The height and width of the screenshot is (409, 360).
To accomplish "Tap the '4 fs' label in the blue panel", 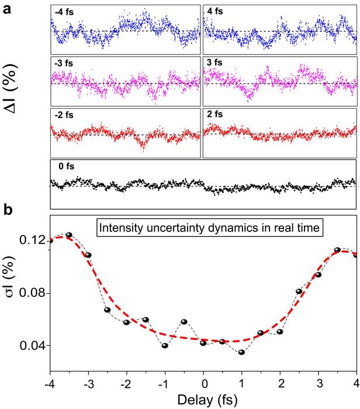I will click(216, 12).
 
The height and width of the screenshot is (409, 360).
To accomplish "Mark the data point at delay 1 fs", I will click(241, 352).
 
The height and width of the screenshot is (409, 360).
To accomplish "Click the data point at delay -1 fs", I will click(165, 345).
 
